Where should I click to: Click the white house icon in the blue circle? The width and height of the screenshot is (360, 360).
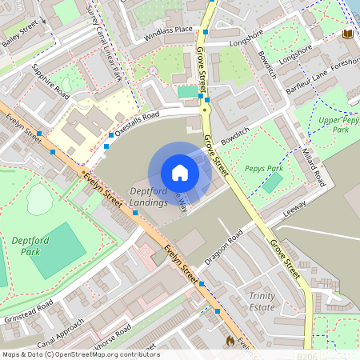[x=180, y=172]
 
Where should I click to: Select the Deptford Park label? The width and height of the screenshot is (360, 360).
[x=33, y=246]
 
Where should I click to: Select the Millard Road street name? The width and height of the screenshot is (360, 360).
[x=314, y=165]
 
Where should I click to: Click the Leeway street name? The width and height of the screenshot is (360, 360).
[x=294, y=210]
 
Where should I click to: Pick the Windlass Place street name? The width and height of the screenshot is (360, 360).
[x=168, y=33]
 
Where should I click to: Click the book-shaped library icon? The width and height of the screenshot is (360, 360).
[x=347, y=34]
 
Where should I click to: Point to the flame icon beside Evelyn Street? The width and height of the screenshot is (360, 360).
[x=231, y=340]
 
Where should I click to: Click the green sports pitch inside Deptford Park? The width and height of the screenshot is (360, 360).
[x=58, y=250]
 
